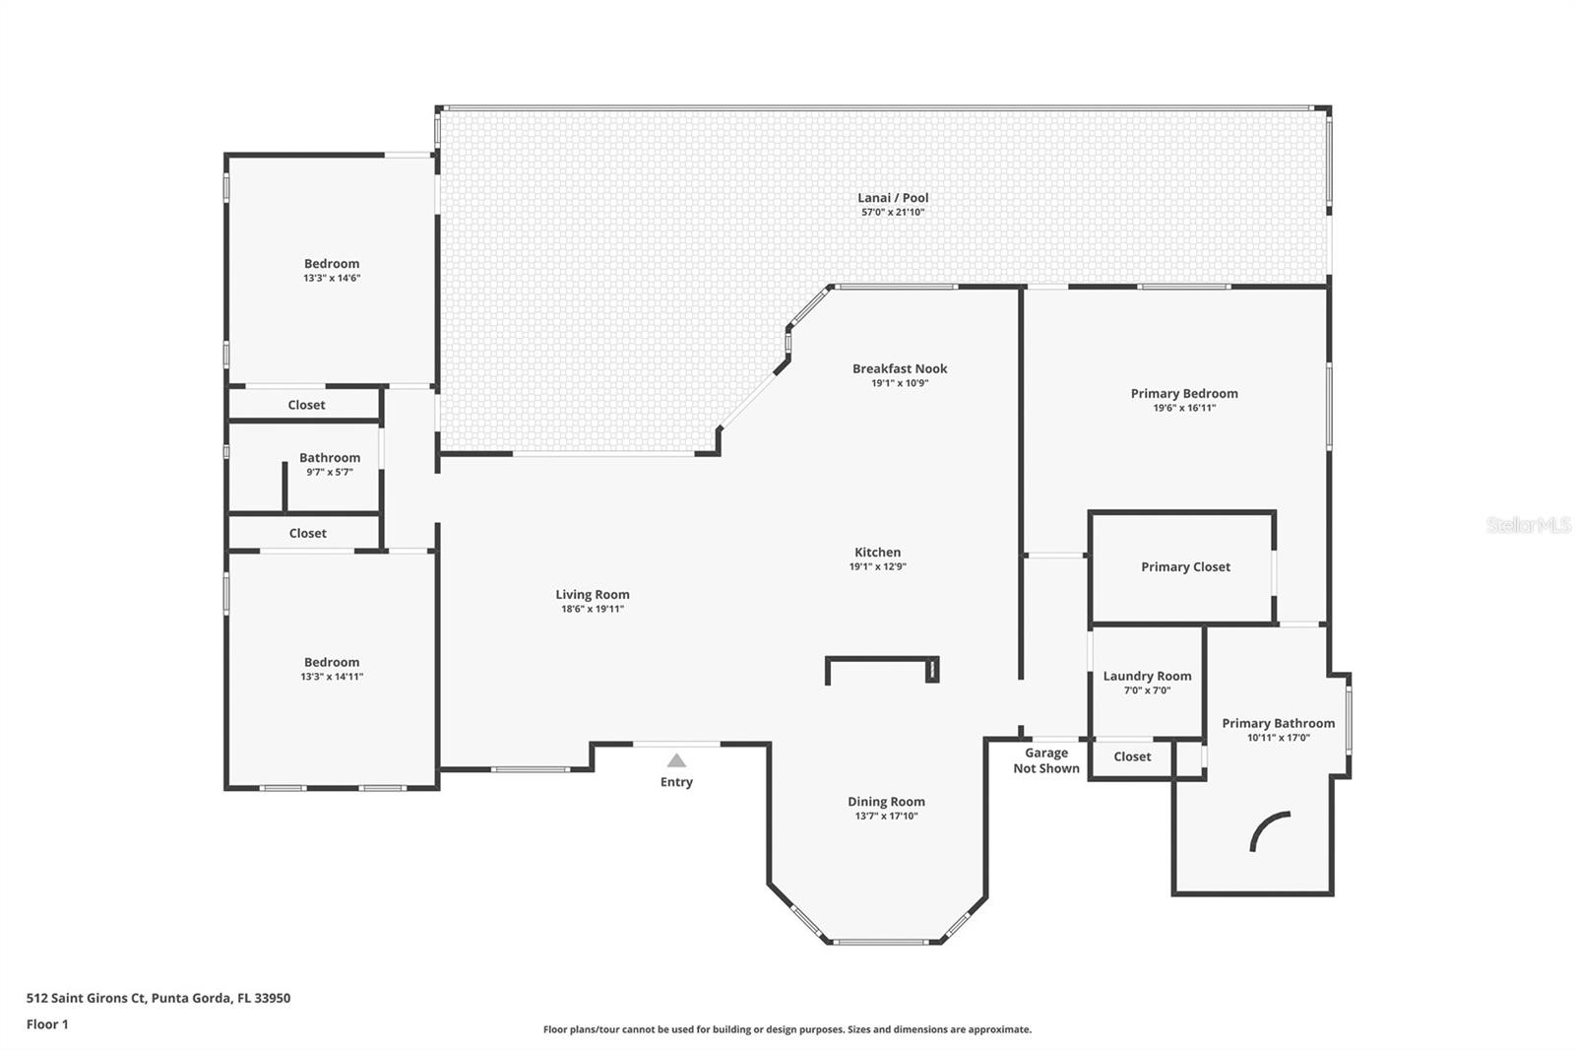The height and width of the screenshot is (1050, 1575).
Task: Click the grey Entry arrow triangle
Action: click(676, 760)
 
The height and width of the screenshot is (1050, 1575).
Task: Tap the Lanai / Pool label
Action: click(893, 198)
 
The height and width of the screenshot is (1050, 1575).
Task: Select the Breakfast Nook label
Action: click(900, 368)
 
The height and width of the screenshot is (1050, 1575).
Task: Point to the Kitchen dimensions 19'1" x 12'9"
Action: click(877, 566)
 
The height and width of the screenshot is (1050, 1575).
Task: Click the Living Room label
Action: click(593, 595)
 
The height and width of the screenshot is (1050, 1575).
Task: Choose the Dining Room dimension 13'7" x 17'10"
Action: click(886, 817)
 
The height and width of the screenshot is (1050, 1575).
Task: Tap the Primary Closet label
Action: click(1185, 567)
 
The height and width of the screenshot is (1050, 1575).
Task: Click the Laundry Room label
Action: click(1148, 677)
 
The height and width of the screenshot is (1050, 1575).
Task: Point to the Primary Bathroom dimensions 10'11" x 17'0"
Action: click(1279, 738)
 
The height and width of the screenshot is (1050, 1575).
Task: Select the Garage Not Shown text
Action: click(1046, 760)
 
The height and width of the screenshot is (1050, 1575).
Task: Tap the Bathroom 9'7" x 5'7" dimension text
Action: click(330, 472)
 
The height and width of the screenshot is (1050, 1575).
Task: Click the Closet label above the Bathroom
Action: click(306, 406)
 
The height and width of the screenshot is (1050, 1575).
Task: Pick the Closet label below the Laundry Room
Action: click(1132, 756)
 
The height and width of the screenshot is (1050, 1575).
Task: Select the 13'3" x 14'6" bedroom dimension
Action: click(332, 278)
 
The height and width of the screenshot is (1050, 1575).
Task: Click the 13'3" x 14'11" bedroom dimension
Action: click(332, 677)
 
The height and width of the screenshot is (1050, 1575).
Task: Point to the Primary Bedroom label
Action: click(1184, 393)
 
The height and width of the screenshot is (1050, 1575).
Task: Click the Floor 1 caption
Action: click(47, 1024)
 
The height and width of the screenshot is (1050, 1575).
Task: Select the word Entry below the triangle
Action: click(676, 782)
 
